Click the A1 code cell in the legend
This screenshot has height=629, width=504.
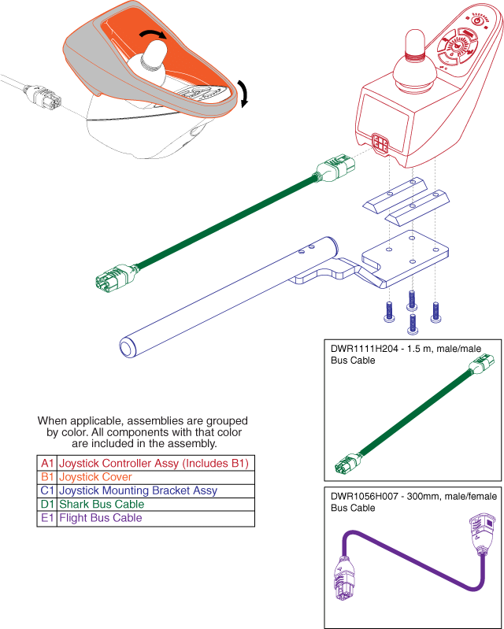tap(46, 463)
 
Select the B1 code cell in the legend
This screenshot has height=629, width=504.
tap(46, 477)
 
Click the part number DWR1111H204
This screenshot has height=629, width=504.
tap(361, 349)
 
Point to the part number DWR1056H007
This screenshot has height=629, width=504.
tap(361, 498)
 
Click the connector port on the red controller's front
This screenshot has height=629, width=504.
tap(380, 144)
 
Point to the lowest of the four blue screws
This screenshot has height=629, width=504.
tap(411, 324)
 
